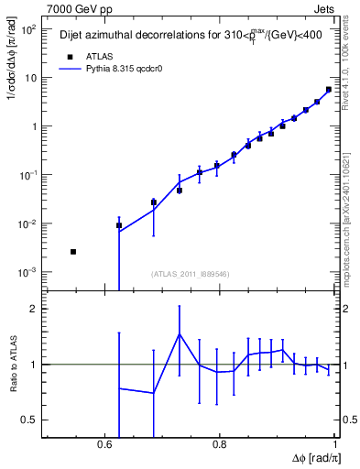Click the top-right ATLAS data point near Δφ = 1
(329, 90)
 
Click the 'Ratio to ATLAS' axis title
(11, 364)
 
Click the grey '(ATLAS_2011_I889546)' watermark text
(190, 273)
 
